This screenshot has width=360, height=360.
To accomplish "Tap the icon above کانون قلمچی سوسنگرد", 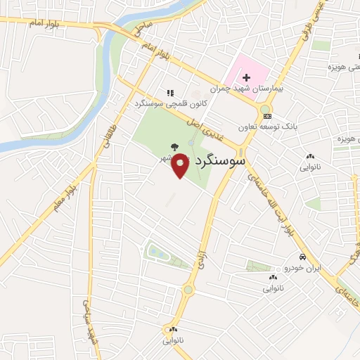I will click(169, 92).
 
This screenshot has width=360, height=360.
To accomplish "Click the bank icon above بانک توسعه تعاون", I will click(266, 116).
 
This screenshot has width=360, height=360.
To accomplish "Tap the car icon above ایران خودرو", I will click(301, 257).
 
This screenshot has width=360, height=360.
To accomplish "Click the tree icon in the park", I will click(174, 148).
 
